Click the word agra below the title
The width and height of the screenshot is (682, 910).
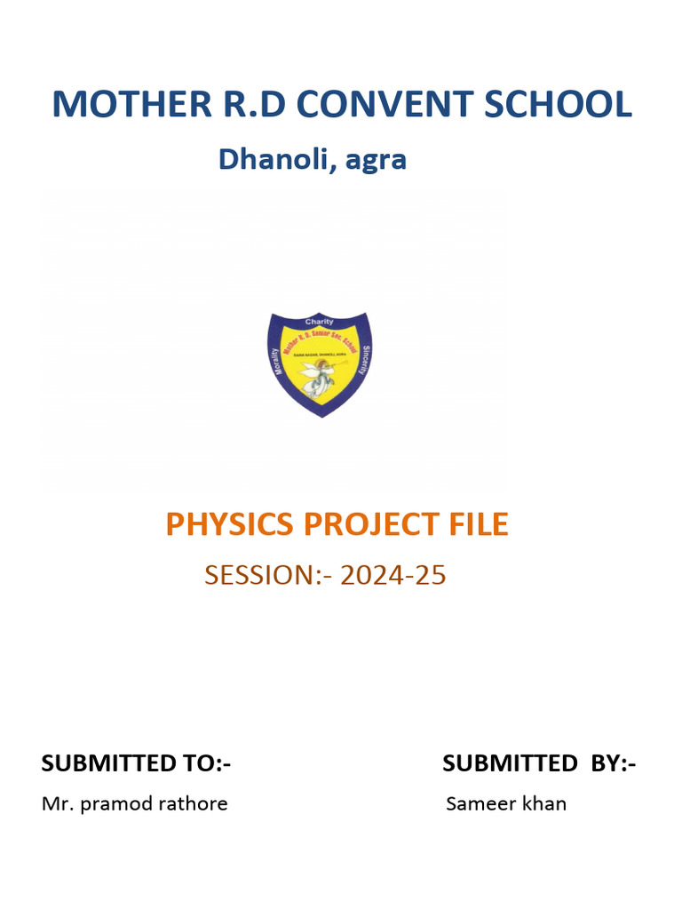(377, 162)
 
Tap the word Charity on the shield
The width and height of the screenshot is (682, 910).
(319, 321)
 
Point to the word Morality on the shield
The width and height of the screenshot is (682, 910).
(278, 359)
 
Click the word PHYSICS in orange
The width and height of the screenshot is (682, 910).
(230, 525)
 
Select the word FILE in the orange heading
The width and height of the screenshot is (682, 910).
(478, 525)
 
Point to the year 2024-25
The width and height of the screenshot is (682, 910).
(393, 576)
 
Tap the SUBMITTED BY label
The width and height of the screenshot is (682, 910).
(539, 763)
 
